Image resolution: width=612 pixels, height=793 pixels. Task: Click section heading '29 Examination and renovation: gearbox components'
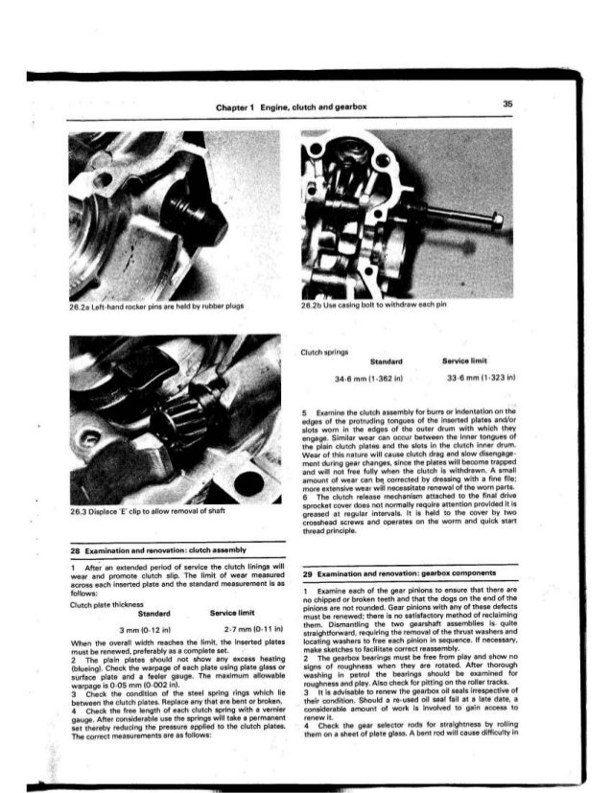click(x=393, y=573)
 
